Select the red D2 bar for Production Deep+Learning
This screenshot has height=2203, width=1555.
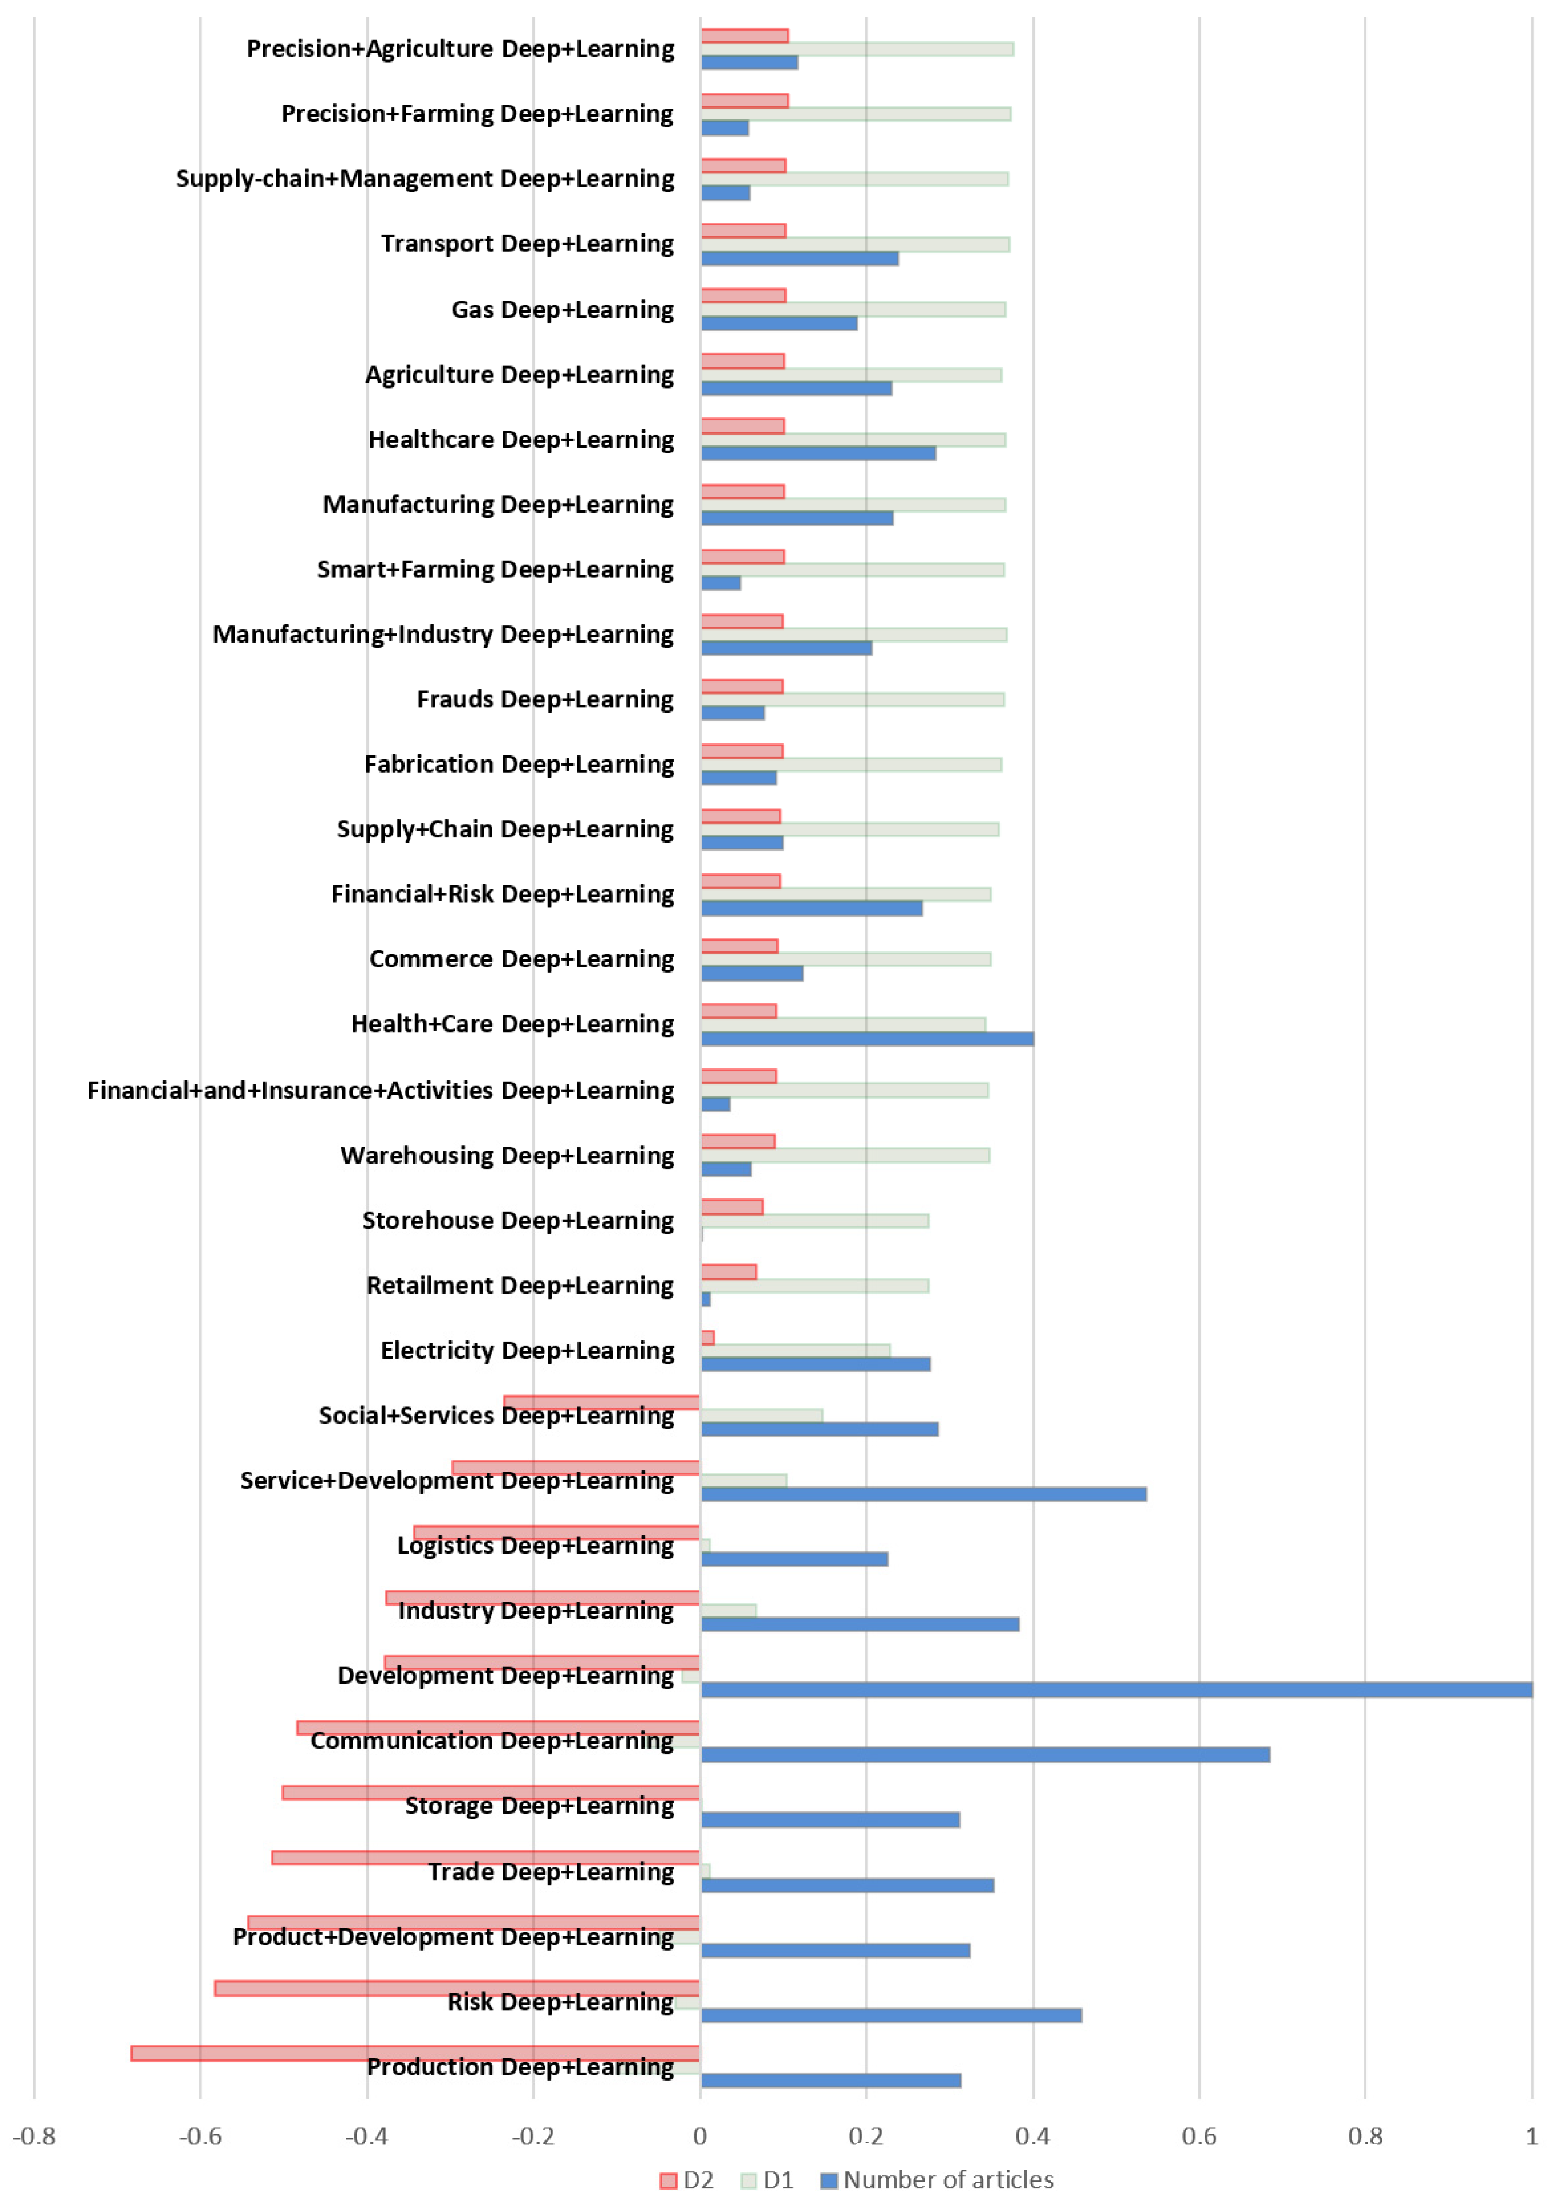click(x=415, y=2054)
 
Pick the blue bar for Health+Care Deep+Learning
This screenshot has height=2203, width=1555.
click(x=867, y=1038)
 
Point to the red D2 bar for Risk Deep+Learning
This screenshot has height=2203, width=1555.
click(x=457, y=1988)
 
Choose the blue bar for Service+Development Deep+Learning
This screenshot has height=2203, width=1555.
click(x=923, y=1494)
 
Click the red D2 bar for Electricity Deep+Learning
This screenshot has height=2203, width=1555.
click(x=708, y=1338)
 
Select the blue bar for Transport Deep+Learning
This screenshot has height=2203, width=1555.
click(x=799, y=258)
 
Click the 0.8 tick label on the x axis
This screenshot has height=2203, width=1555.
click(x=1365, y=2137)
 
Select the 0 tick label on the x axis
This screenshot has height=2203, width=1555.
click(x=700, y=2137)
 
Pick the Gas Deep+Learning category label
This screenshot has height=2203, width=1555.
click(x=563, y=310)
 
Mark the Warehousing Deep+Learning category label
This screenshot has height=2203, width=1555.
click(x=508, y=1155)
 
